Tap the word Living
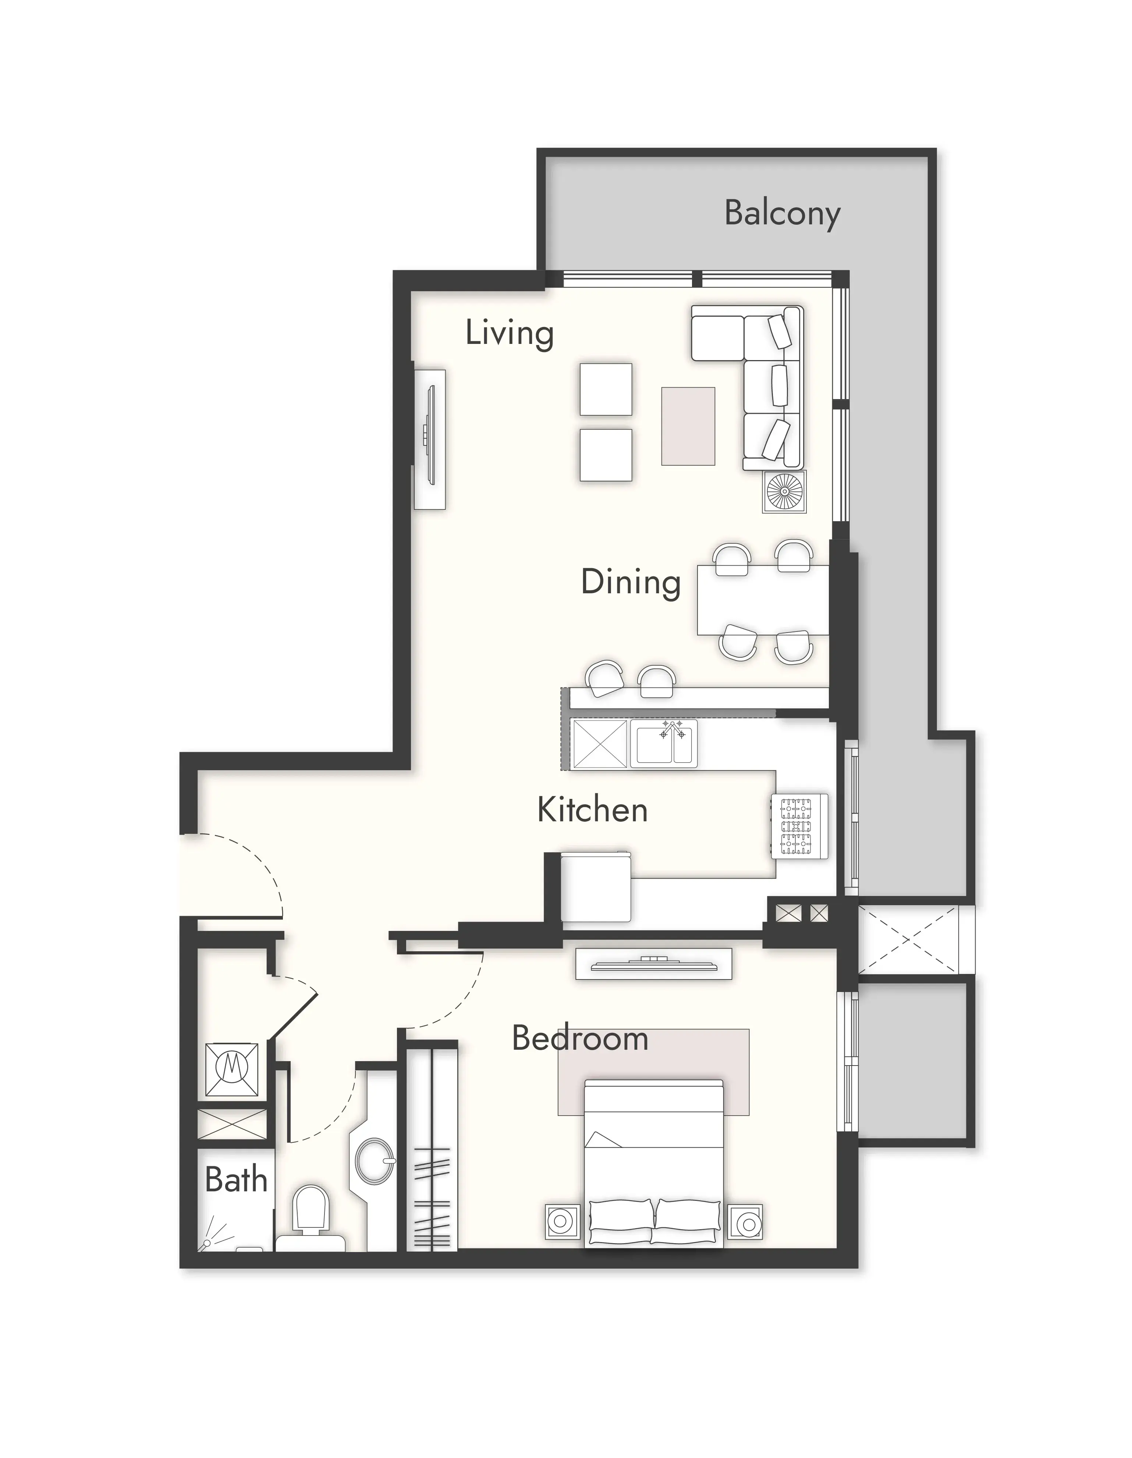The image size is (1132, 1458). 510,333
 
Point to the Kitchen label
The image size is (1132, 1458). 592,810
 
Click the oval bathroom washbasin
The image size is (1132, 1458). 374,1161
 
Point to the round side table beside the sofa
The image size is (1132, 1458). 785,492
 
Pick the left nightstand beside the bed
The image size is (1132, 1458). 561,1222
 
